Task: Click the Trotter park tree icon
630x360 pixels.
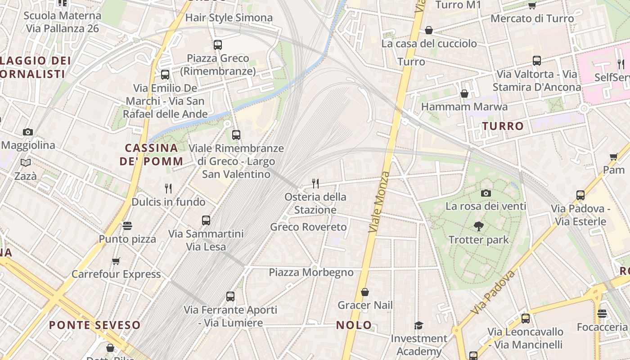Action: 479,226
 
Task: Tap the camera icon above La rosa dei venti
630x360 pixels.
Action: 486,193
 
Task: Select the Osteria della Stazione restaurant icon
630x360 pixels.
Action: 315,183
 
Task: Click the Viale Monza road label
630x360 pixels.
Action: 379,202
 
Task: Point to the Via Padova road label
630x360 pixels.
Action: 494,292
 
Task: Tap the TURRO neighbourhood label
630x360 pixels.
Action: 503,126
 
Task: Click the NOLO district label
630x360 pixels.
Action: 354,325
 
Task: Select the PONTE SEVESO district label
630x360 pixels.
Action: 94,325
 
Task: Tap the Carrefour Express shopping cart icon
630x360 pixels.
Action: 116,261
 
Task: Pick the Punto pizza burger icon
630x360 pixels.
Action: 127,226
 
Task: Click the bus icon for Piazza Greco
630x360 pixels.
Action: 218,45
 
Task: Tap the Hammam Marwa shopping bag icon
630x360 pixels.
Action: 464,94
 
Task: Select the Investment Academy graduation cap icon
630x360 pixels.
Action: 418,325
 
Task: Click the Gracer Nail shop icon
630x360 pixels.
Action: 365,292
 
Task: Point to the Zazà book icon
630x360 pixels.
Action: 26,163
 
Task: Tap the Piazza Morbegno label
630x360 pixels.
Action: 311,272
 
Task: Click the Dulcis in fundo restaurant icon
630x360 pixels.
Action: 168,189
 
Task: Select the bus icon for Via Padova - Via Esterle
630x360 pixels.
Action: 580,195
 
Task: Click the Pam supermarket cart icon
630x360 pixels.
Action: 613,157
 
